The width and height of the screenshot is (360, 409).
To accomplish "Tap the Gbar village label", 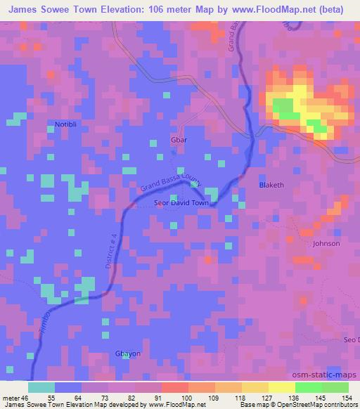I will coord(179,138).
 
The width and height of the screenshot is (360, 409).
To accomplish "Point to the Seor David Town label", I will coord(181,203).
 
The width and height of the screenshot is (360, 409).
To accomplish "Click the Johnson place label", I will coord(326,243).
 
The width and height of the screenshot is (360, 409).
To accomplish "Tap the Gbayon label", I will coord(127,353).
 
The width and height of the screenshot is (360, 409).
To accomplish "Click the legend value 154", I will coord(345,397).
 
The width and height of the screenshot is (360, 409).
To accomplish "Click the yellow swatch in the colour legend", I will coord(281,387).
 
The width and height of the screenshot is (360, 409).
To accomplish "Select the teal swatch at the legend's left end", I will coord(41,387).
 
